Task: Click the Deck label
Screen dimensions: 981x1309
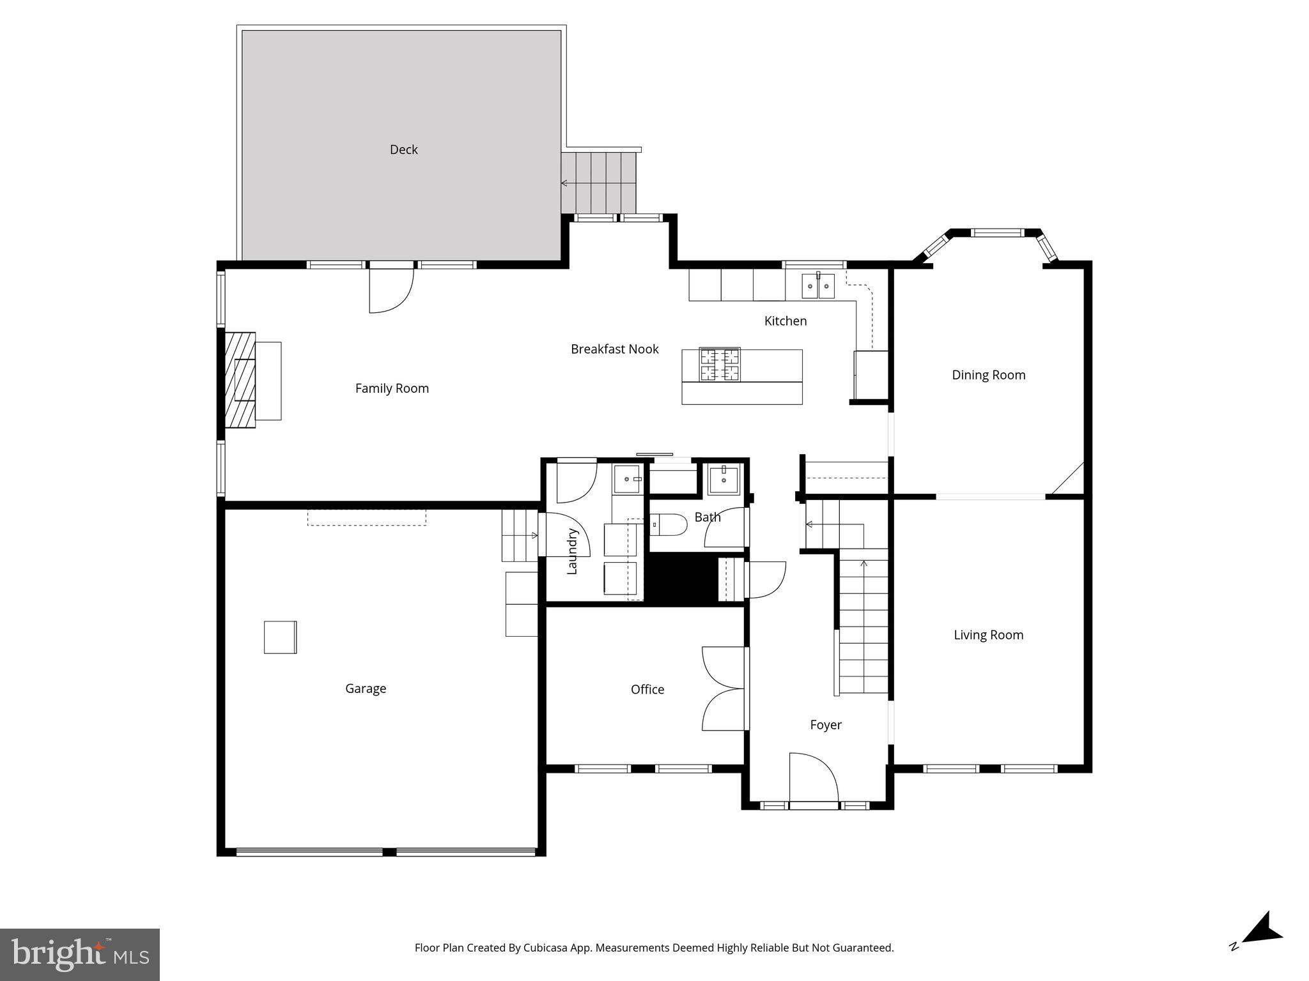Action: point(403,149)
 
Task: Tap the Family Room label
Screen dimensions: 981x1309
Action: point(392,388)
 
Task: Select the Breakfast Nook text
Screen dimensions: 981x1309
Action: point(614,349)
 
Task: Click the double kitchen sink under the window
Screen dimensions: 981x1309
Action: point(818,285)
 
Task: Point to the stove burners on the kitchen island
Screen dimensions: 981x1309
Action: point(720,365)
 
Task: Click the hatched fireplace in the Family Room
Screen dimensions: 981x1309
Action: point(240,379)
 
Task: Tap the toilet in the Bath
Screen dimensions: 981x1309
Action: point(670,524)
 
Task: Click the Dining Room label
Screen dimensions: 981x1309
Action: point(988,375)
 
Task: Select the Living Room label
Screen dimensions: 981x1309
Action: point(988,635)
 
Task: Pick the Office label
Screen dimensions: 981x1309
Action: point(647,689)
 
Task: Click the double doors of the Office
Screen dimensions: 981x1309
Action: point(724,688)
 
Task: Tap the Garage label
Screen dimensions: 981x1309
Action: point(366,688)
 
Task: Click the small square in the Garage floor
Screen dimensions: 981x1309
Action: point(281,637)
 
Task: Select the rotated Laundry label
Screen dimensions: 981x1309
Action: point(572,551)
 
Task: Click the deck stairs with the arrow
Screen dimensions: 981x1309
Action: point(599,183)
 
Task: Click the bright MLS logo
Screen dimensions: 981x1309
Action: point(80,954)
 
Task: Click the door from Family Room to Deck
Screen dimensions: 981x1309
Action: point(391,289)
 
